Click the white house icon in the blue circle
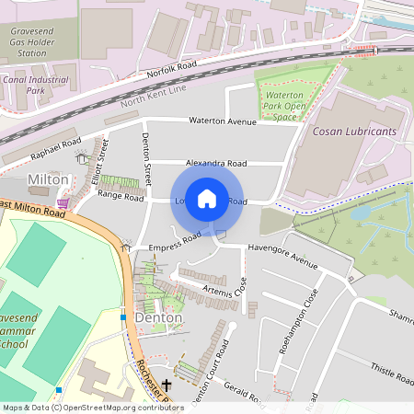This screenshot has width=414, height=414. [207, 199]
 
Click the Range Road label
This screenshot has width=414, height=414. [121, 196]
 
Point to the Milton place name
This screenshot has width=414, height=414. [49, 178]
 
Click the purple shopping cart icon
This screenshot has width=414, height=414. [62, 202]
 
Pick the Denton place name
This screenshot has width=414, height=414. [158, 317]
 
